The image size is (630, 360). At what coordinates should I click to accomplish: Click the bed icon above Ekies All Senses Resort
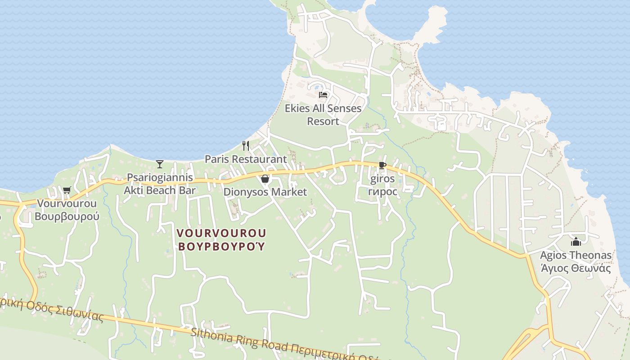323,94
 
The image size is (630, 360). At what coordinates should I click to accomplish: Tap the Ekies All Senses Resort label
323,115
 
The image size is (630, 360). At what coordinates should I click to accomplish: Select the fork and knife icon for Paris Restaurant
246,146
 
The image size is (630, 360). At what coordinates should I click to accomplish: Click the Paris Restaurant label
246,159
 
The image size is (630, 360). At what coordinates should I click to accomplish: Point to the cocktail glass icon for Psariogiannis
159,164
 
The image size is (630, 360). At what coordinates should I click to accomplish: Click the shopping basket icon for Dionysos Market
265,179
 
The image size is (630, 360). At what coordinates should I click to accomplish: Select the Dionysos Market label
265,192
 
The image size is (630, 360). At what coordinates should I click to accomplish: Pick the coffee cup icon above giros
382,166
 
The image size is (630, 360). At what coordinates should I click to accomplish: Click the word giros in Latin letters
382,179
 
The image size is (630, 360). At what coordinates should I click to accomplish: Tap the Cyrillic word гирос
382,192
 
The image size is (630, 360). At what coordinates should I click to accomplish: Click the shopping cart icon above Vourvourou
67,190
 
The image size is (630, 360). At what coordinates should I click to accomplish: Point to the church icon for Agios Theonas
576,242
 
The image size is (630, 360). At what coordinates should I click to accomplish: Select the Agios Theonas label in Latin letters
576,256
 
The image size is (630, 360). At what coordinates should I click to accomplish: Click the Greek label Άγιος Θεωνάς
576,269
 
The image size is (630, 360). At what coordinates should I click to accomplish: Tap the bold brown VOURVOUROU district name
221,233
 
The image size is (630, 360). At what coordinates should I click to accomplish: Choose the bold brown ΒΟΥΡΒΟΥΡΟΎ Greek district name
221,247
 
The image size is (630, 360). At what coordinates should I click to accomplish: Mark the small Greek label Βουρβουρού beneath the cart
67,216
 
